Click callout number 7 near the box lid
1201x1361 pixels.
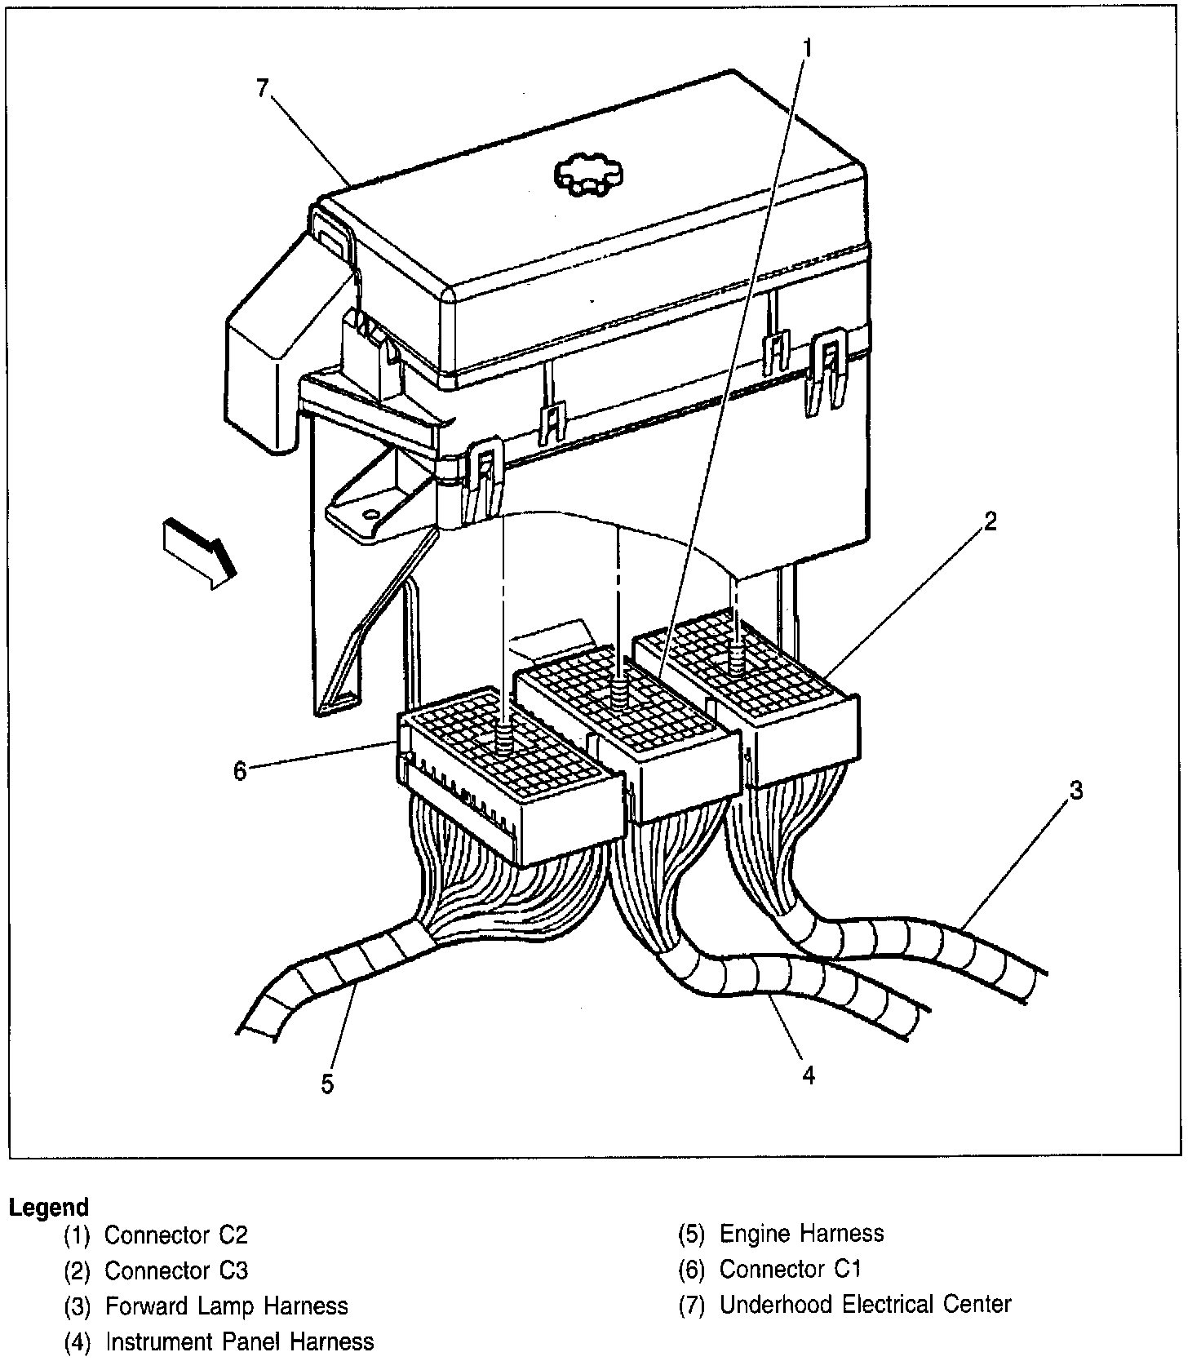coord(262,88)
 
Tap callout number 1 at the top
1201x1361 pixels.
coord(807,48)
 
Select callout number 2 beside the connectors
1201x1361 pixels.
coord(990,521)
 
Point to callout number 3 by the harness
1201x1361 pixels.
coord(1076,790)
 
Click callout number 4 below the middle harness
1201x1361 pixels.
coord(808,1075)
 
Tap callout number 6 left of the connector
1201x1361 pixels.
coord(240,770)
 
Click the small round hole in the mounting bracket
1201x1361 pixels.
coord(371,515)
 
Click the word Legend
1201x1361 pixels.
coord(48,1207)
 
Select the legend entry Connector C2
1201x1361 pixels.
coord(175,1235)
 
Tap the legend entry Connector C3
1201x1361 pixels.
coord(175,1270)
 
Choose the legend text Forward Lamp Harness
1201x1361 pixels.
coord(226,1306)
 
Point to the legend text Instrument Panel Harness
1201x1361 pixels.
coord(240,1341)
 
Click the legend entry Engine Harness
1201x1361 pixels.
coord(801,1233)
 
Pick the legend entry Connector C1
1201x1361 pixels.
coord(790,1269)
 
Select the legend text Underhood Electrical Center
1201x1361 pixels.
coord(865,1305)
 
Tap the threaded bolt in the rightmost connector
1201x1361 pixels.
coord(738,655)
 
